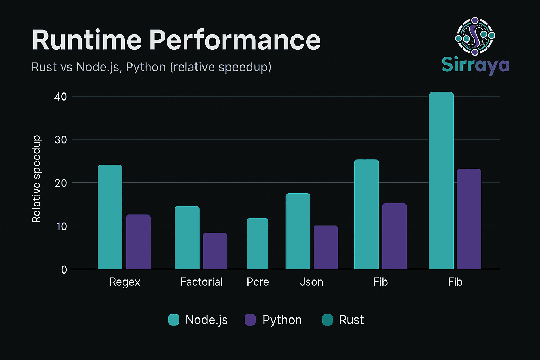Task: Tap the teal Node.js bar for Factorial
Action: pos(187,238)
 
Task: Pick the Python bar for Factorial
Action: pos(215,251)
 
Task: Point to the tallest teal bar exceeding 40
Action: pos(441,181)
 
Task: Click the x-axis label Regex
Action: pos(124,282)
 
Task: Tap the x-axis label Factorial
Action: pos(201,282)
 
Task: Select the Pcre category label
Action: pos(258,282)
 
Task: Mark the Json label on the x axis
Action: pos(311,282)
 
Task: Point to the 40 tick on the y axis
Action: pos(60,97)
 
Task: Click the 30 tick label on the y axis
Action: pos(60,140)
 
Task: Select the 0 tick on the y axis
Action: pos(64,270)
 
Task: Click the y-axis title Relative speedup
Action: pos(36,179)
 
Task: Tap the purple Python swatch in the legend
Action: pos(250,320)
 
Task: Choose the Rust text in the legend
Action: pos(351,320)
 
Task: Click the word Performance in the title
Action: pos(235,40)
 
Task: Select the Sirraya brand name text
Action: pos(475,65)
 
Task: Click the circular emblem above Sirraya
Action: pos(475,36)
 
